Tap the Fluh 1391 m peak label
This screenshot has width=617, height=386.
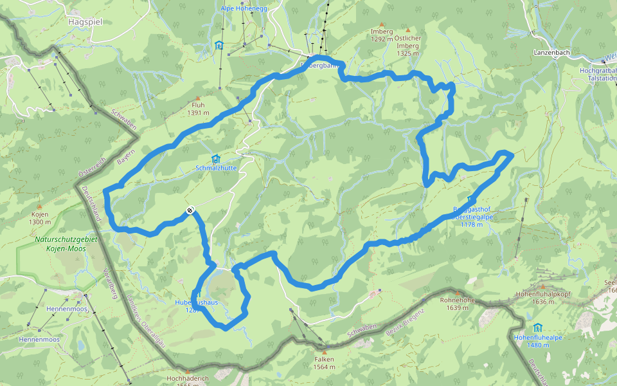(x=199, y=109)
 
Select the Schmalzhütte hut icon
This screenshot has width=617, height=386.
(x=215, y=159)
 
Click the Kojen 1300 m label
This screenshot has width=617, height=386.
(x=40, y=218)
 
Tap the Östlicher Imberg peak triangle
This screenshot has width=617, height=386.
(x=407, y=30)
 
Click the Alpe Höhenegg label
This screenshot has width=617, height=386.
(x=243, y=8)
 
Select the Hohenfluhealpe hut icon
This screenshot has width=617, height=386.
(x=537, y=327)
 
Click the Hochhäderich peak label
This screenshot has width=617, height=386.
(x=187, y=380)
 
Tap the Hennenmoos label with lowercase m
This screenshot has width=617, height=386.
(x=40, y=339)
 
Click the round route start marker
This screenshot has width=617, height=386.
(x=191, y=210)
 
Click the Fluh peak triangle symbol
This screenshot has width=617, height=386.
(x=198, y=98)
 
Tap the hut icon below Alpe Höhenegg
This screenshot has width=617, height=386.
(x=220, y=45)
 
